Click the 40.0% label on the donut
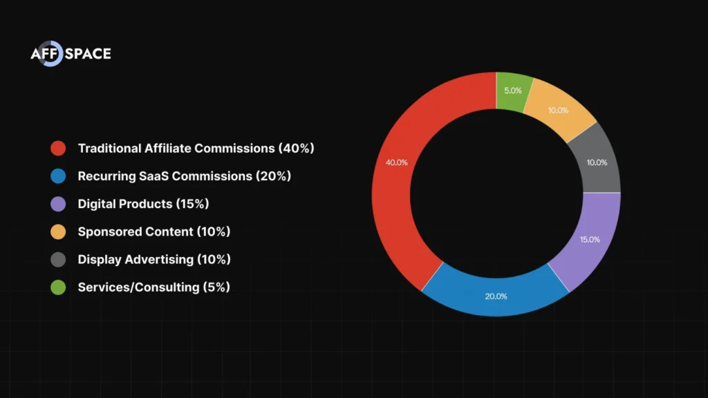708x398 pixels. coord(396,162)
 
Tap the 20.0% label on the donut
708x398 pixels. coord(496,296)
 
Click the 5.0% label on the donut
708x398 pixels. coord(512,91)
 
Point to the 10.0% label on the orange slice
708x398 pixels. coord(557,111)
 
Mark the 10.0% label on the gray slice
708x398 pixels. coord(596,163)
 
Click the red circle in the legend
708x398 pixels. coord(58,148)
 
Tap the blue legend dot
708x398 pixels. coord(58,176)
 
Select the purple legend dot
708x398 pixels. coord(58,204)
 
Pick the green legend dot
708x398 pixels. coord(58,287)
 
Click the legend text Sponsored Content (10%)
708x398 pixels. coord(153,231)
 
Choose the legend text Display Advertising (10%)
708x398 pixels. coord(153,259)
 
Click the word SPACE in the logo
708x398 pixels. coord(88,54)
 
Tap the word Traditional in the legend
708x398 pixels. coord(108,148)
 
